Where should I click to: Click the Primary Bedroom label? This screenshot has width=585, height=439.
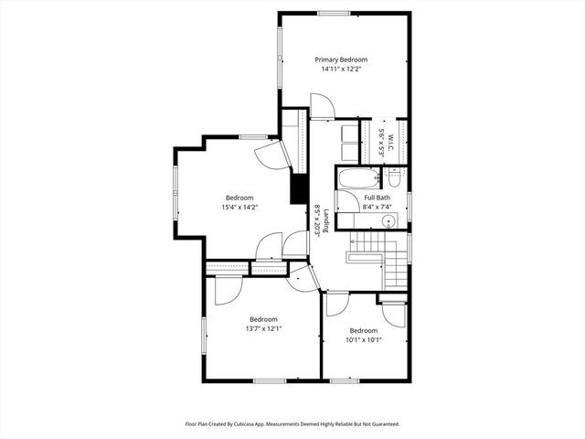click(x=341, y=59)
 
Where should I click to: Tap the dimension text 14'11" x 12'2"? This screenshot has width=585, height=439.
click(x=341, y=69)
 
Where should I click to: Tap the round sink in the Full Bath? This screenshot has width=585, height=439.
click(x=389, y=220)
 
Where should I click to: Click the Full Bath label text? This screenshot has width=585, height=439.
click(x=377, y=198)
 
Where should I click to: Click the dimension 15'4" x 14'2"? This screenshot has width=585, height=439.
click(x=239, y=208)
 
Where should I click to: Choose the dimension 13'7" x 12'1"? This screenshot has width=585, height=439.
click(x=263, y=329)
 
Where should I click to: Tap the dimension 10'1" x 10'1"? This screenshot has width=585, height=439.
click(x=363, y=340)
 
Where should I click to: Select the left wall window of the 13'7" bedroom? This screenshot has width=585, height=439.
click(x=203, y=335)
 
